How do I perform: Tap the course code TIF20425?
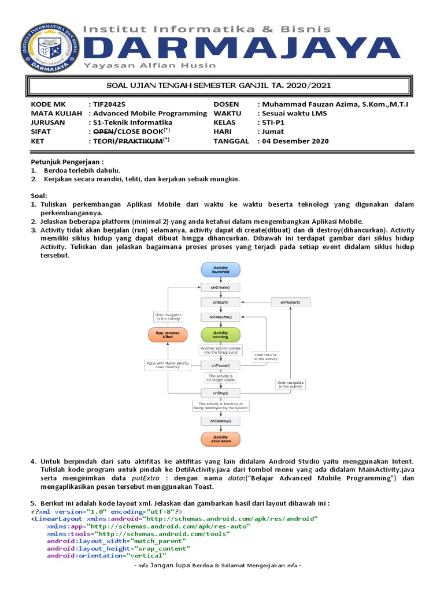coord(109,104)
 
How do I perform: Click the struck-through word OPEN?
coord(104,132)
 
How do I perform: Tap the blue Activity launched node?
coord(220,270)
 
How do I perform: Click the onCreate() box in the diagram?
coord(220,287)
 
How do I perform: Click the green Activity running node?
coord(220,334)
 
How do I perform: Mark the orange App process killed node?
coord(168,334)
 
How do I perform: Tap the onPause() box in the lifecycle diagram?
coord(220,365)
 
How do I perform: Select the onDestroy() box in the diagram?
coord(220,421)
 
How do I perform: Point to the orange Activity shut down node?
coord(220,439)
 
